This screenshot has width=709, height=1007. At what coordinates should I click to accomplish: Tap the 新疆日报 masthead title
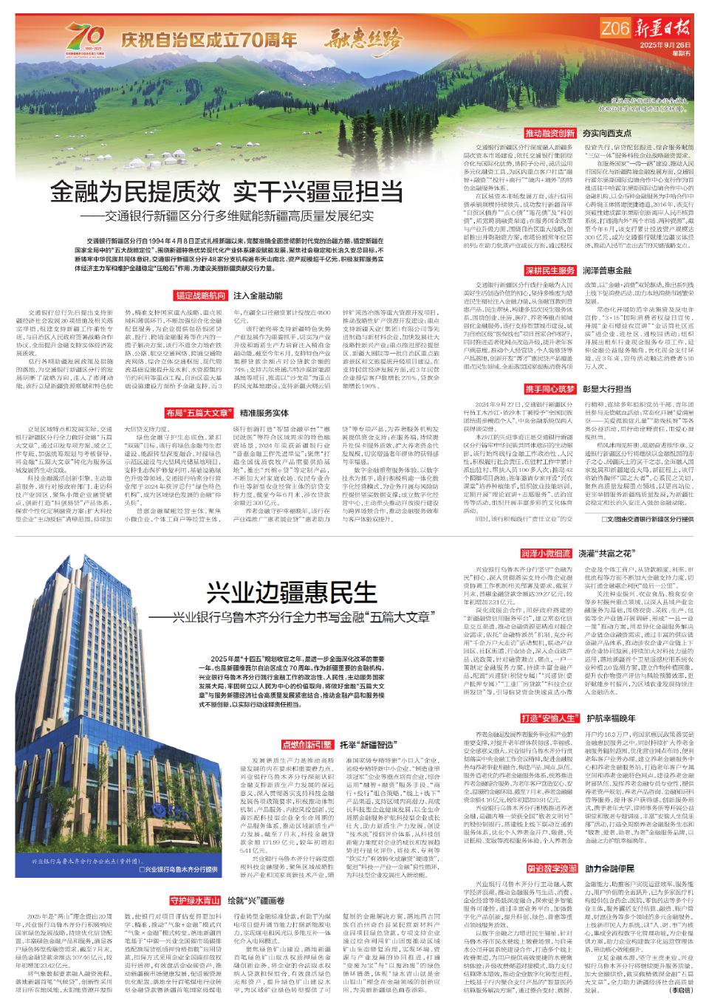click(x=660, y=30)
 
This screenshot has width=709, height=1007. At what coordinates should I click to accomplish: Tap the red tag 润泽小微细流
click(x=547, y=532)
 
